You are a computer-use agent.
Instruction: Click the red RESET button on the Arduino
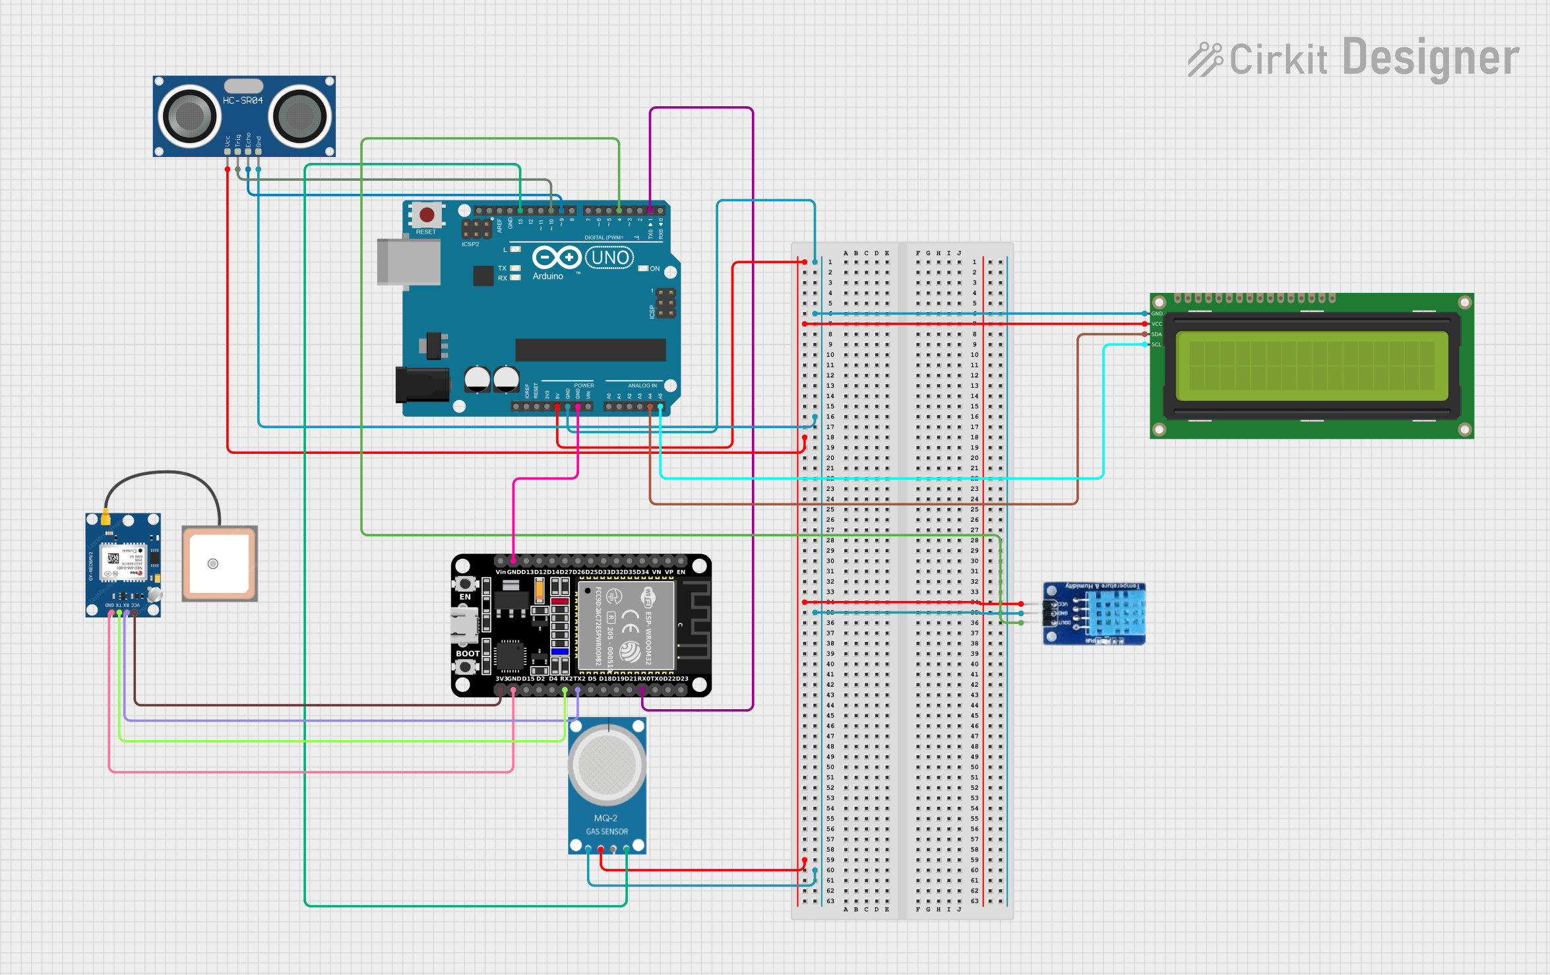427,214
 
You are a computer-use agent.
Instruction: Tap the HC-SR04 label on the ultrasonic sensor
243,100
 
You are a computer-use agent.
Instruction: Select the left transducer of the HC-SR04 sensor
190,117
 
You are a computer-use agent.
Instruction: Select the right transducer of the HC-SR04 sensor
299,117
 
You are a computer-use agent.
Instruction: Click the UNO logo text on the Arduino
609,257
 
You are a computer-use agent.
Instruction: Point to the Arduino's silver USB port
409,262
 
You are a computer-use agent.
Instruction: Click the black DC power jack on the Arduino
421,385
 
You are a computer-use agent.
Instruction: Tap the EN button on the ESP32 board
465,584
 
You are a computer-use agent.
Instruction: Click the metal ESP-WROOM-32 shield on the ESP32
626,624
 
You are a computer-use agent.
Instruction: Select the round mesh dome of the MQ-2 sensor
607,766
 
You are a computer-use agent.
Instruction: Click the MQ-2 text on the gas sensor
606,818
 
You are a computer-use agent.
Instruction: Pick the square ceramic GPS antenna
219,563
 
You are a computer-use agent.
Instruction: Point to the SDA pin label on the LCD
1156,334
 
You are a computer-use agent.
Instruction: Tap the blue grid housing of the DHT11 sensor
1115,613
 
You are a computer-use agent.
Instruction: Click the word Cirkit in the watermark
1278,59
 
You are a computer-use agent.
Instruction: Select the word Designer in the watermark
1431,58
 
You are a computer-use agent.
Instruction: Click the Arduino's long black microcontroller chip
590,350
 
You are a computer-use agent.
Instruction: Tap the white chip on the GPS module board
123,563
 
